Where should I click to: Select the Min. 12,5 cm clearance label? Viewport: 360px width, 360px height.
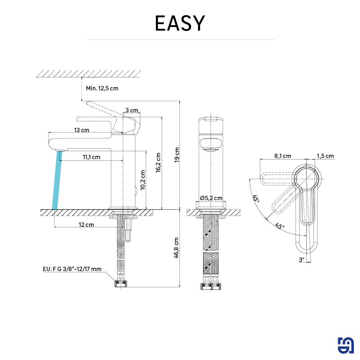(102, 88)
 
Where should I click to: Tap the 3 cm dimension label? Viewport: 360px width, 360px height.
(131, 110)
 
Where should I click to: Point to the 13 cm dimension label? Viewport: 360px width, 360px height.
(82, 130)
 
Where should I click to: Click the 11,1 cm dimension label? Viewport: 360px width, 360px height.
(91, 157)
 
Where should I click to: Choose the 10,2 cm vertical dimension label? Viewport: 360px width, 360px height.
(143, 180)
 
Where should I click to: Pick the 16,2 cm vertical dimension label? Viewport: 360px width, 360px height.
(158, 162)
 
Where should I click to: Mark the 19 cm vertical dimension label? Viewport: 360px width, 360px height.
(176, 155)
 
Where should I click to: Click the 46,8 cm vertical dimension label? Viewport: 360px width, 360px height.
(176, 248)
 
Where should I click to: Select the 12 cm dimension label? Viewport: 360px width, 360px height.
(86, 225)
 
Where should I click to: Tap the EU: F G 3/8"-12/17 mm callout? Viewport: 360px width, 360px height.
(72, 269)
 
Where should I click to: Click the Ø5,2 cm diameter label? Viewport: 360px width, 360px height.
(211, 198)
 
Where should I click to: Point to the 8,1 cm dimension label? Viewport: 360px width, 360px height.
(283, 156)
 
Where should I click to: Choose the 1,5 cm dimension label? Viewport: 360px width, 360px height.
(325, 156)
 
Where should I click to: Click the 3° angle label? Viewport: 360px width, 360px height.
(301, 259)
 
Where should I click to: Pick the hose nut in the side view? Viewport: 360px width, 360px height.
(121, 284)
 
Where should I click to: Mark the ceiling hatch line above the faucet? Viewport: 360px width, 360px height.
(87, 73)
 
